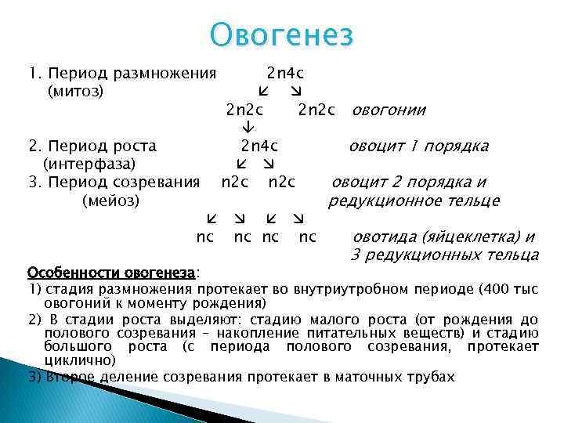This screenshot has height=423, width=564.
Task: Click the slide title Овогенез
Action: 283,35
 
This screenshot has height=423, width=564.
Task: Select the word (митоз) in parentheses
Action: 76,92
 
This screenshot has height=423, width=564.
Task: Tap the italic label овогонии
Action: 389,110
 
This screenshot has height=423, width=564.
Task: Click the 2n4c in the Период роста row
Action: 259,146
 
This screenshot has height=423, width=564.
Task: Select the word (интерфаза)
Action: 89,164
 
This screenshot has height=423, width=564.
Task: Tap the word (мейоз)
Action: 110,201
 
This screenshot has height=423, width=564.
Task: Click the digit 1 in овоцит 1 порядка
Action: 416,146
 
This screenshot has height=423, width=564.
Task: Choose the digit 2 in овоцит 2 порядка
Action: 397,183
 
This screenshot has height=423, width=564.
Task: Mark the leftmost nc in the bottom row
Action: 205,237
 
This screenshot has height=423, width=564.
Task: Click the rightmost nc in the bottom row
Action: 308,237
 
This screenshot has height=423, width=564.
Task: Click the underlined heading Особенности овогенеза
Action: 111,273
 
